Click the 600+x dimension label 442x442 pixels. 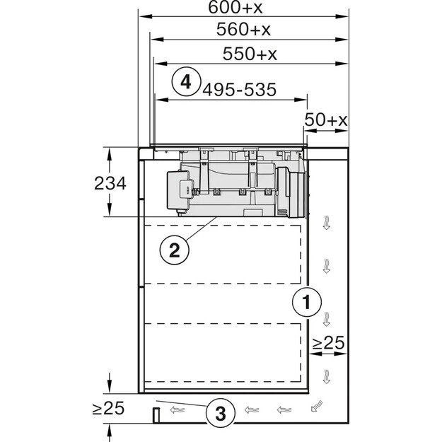pyautogui.click(x=235, y=7)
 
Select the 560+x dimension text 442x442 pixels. pyautogui.click(x=243, y=29)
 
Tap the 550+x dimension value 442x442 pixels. pyautogui.click(x=250, y=54)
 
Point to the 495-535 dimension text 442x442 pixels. pyautogui.click(x=239, y=90)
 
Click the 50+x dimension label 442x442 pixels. pyautogui.click(x=325, y=120)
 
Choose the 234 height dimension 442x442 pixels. pyautogui.click(x=110, y=183)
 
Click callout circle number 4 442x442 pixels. pyautogui.click(x=186, y=82)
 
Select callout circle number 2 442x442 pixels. pyautogui.click(x=175, y=250)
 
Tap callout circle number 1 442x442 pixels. pyautogui.click(x=306, y=302)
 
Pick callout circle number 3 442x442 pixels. pyautogui.click(x=221, y=413)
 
